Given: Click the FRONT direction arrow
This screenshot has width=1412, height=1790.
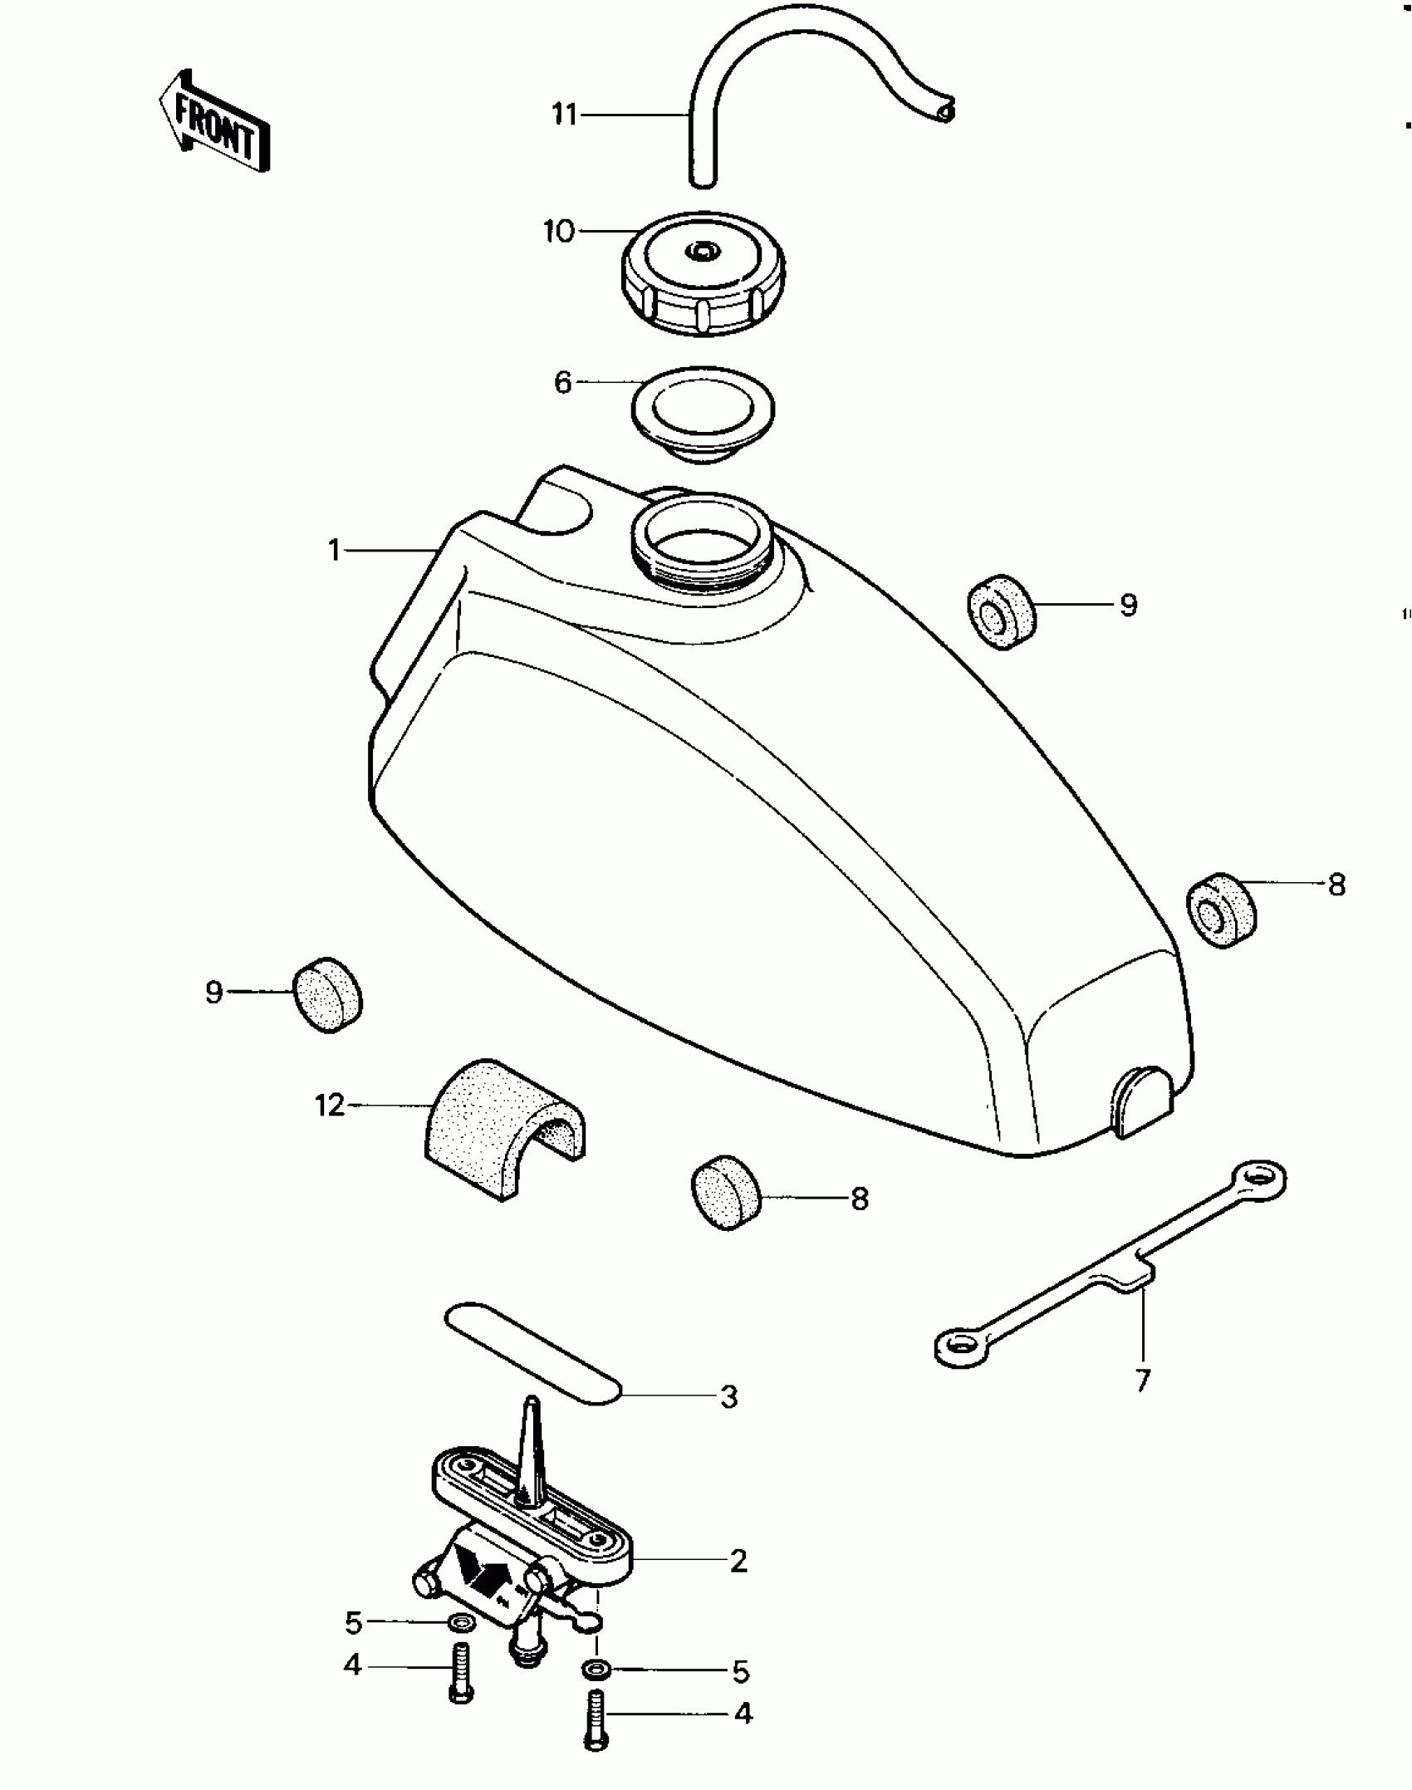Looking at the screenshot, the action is click(x=214, y=122).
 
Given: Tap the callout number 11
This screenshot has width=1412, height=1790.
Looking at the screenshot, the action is click(x=564, y=114).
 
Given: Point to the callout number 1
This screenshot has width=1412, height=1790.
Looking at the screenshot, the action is click(x=335, y=550).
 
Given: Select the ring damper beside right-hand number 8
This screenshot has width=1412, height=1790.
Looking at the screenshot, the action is click(x=1221, y=910).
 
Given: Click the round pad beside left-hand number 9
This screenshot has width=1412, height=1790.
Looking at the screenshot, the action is click(x=328, y=994).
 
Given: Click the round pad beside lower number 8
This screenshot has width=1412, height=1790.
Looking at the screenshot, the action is click(x=727, y=1192).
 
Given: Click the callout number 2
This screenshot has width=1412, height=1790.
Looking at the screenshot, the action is click(x=738, y=1561).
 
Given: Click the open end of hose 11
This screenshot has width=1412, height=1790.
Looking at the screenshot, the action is click(x=944, y=110).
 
